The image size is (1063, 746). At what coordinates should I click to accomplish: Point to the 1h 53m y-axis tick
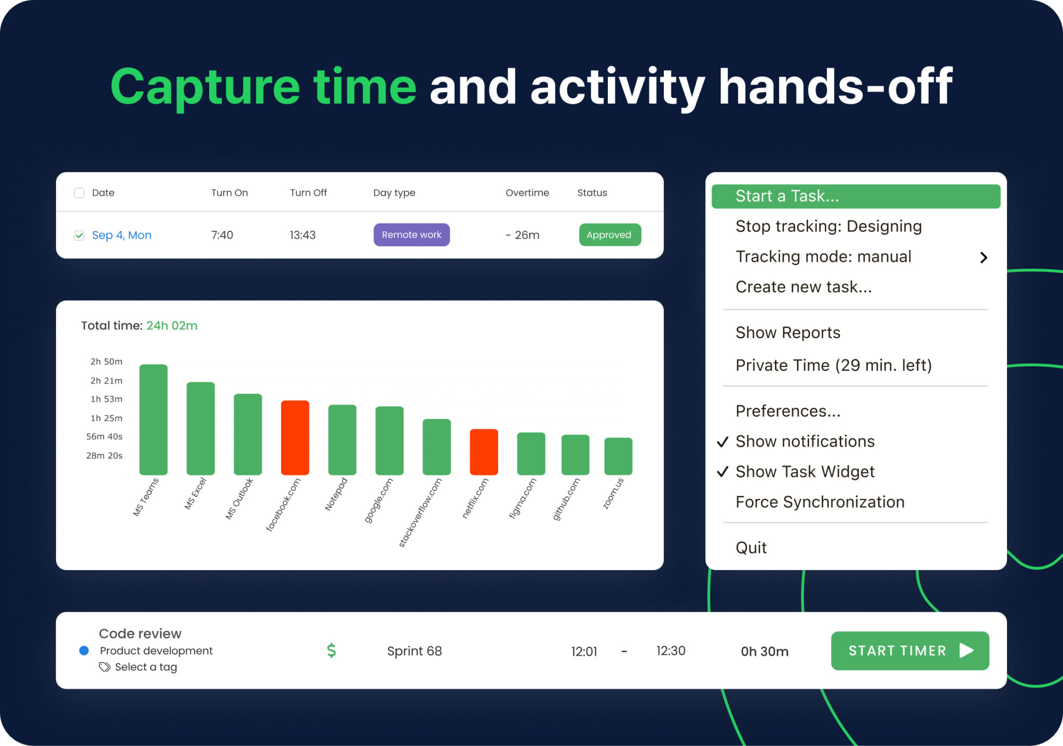[106, 399]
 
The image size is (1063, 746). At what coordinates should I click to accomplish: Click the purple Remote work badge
[411, 234]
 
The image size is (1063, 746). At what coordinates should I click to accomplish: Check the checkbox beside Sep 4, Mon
[79, 236]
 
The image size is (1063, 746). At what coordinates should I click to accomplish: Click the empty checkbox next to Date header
[79, 193]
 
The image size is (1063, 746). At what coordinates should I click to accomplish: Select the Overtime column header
[527, 193]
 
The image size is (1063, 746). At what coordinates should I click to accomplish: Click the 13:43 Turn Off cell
[303, 235]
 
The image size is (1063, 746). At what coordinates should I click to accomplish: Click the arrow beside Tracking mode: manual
[983, 257]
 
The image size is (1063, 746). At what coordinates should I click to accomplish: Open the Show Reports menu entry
[787, 333]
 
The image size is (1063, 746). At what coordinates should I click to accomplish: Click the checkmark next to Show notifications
[722, 442]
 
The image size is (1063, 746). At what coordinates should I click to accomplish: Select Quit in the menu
[751, 547]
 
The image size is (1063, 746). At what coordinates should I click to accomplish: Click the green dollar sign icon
[332, 651]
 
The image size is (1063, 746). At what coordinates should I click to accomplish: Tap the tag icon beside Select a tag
[105, 667]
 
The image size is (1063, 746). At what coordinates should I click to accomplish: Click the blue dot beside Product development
[84, 651]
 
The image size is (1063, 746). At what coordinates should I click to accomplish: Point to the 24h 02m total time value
[172, 326]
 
